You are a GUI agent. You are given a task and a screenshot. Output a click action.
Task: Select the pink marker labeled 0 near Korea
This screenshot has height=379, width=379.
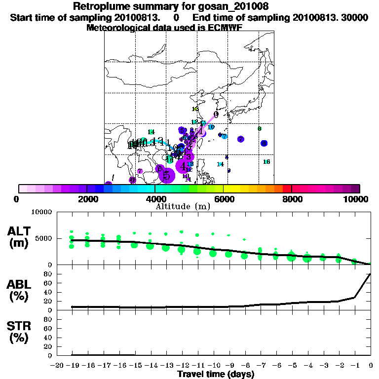[216, 114]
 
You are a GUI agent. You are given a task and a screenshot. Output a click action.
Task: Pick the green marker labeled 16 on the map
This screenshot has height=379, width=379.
[267, 162]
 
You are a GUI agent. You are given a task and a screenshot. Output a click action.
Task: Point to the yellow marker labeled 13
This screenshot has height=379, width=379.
[195, 109]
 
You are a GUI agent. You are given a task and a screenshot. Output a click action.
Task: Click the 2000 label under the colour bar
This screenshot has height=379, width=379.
[87, 199]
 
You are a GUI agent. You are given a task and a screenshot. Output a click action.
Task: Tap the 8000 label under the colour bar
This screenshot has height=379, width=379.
[292, 199]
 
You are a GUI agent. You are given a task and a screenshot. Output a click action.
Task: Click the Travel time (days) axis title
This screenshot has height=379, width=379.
[216, 375]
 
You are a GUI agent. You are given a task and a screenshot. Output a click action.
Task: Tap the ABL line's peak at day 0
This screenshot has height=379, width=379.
[371, 274]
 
